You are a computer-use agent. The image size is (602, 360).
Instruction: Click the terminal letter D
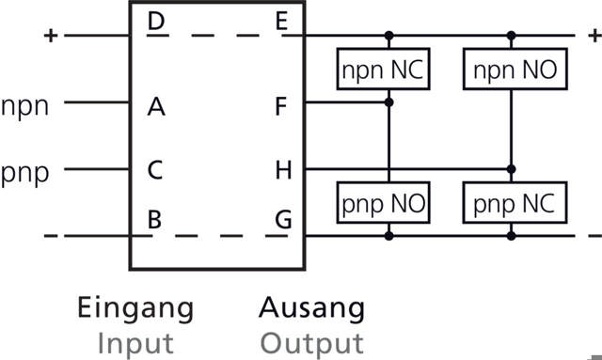click(157, 22)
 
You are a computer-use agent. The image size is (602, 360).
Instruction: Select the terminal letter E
click(281, 22)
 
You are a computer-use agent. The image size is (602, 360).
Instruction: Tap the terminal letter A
click(157, 106)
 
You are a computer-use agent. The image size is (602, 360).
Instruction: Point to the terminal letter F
click(281, 106)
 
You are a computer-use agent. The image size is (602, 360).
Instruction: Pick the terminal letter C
click(157, 172)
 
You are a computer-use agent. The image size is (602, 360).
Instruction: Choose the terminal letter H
click(281, 172)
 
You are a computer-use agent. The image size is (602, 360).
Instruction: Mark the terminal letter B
click(157, 221)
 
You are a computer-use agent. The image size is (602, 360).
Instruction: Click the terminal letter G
click(281, 221)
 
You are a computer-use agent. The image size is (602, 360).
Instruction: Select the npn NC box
click(383, 70)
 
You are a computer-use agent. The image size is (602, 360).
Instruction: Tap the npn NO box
click(510, 70)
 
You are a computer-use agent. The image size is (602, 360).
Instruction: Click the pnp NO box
click(383, 201)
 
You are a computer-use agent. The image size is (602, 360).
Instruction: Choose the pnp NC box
click(510, 201)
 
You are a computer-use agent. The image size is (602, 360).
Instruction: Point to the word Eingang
click(135, 307)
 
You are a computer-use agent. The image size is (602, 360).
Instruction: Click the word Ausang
click(311, 307)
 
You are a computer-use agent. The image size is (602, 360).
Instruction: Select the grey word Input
click(135, 341)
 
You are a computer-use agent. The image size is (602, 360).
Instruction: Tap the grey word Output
click(311, 341)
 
